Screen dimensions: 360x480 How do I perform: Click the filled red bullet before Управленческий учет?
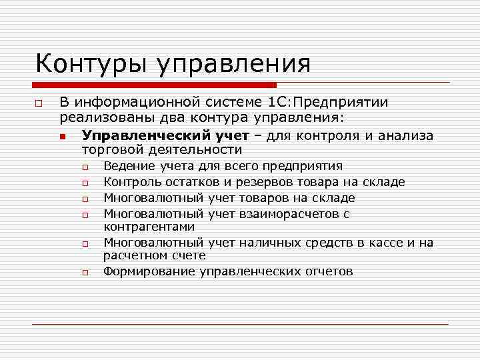pyautogui.click(x=62, y=137)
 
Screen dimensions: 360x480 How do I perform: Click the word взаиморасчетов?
pyautogui.click(x=288, y=214)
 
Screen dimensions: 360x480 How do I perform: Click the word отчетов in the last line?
pyautogui.click(x=323, y=271)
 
